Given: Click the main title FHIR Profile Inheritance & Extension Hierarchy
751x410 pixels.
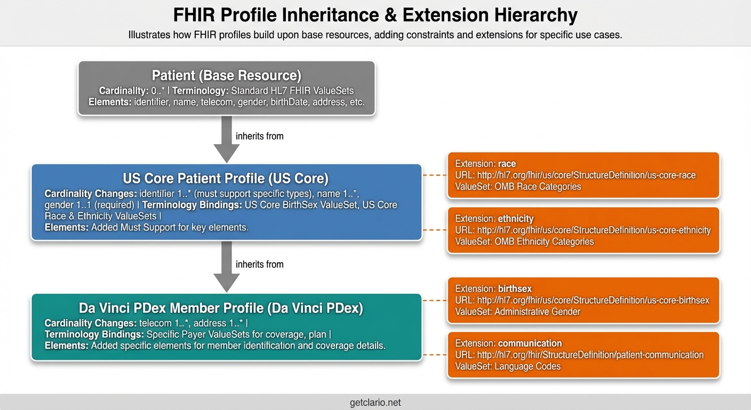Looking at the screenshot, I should pyautogui.click(x=375, y=14).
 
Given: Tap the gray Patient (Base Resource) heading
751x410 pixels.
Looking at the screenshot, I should pyautogui.click(x=227, y=75).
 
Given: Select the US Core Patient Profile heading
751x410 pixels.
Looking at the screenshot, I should pyautogui.click(x=226, y=178).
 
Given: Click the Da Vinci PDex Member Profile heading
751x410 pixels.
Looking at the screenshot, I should pyautogui.click(x=221, y=308).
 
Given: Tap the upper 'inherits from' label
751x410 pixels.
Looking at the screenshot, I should pyautogui.click(x=260, y=136).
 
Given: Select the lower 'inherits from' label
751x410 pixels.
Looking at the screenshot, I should pyautogui.click(x=260, y=264).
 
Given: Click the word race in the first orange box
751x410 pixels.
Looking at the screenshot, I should pyautogui.click(x=507, y=164).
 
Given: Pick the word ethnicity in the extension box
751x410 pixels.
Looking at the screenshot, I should pyautogui.click(x=516, y=218).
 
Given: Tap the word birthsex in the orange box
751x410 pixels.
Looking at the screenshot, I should pyautogui.click(x=515, y=289).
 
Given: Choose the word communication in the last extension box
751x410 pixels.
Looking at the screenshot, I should pyautogui.click(x=530, y=343).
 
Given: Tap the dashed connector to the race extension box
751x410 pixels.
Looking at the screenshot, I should pyautogui.click(x=435, y=175).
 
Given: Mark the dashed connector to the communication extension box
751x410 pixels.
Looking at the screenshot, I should pyautogui.click(x=435, y=354).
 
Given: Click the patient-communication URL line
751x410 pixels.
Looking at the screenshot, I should pyautogui.click(x=579, y=355).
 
